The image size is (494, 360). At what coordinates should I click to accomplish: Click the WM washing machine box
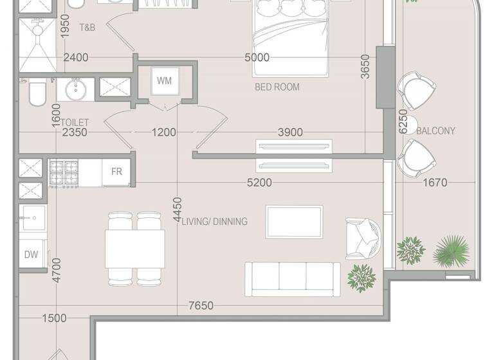[164, 82]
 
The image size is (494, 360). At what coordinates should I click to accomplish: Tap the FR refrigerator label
[116, 172]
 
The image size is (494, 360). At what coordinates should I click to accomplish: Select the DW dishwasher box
[31, 255]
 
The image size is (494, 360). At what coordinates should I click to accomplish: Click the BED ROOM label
[277, 87]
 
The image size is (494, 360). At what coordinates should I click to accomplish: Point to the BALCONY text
[435, 130]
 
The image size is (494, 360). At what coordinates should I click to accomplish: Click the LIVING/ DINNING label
[214, 221]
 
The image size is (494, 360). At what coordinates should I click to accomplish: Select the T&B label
[87, 28]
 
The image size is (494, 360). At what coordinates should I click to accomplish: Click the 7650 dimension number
[201, 306]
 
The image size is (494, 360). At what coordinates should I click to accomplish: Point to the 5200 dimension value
[259, 183]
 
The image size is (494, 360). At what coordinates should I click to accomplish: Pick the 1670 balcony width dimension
[435, 183]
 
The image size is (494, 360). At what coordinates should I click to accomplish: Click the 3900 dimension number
[289, 132]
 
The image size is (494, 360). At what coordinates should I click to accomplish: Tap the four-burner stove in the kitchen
[64, 172]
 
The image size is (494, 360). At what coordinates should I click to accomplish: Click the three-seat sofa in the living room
[292, 278]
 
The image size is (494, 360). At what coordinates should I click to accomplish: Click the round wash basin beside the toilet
[75, 88]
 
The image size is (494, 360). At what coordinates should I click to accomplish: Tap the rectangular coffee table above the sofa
[294, 222]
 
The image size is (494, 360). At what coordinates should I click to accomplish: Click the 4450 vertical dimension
[178, 210]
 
